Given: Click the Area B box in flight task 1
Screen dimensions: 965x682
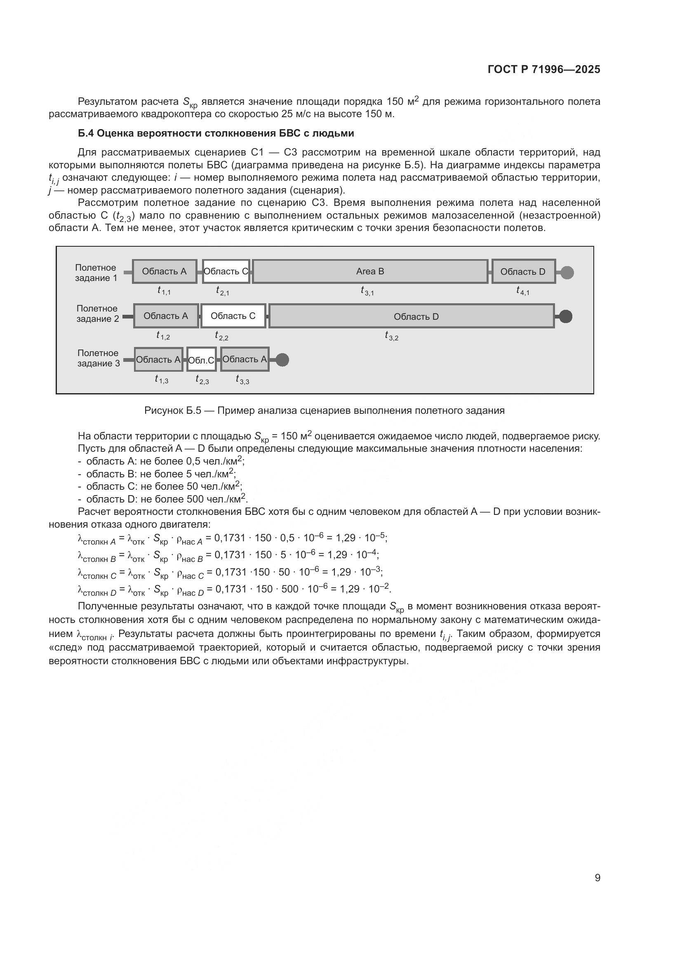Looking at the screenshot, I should click(370, 271).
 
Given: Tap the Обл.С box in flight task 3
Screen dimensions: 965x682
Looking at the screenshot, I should click(202, 359).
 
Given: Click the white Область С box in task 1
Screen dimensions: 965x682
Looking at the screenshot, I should click(226, 271).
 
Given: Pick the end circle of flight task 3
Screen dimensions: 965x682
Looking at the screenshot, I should click(282, 360).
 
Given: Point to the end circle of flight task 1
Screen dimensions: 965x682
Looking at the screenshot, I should click(567, 272).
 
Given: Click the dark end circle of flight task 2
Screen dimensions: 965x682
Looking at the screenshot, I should click(566, 316).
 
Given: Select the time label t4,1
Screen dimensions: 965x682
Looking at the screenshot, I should click(523, 291).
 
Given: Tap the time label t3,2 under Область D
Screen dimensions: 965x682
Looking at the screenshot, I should click(391, 336).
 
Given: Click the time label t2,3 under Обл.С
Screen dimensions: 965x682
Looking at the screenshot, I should click(202, 380).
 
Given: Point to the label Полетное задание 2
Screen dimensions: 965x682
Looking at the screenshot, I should click(97, 314).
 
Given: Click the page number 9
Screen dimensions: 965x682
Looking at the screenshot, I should click(597, 878).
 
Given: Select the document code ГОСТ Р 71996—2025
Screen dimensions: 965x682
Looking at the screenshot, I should click(544, 70).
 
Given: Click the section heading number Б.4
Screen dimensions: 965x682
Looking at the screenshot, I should click(86, 133).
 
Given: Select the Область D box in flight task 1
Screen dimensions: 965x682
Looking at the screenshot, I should click(523, 271).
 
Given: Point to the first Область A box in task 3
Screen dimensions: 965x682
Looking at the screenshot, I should click(158, 359).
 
